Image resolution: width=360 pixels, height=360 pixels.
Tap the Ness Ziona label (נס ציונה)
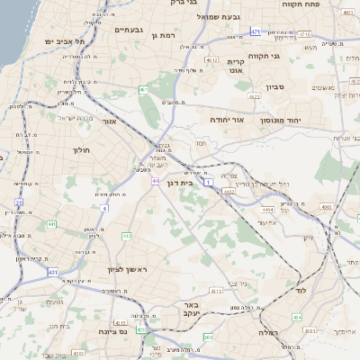(x=135, y=330)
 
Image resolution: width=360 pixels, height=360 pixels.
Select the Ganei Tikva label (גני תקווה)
(x=291, y=58)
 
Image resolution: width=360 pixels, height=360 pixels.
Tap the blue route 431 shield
(x=53, y=271)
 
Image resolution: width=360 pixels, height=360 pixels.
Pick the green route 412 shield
(x=127, y=237)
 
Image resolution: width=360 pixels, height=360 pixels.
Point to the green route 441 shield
(x=52, y=224)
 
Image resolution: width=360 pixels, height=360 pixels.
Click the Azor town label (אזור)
(x=110, y=121)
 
